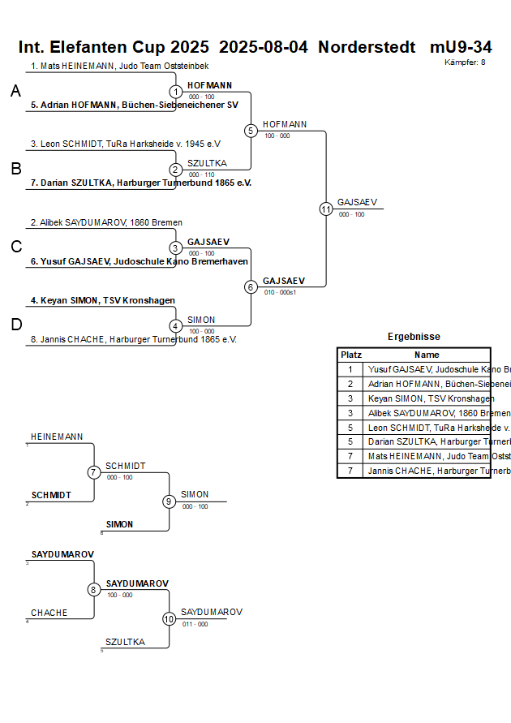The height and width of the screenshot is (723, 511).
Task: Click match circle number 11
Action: [x=326, y=209]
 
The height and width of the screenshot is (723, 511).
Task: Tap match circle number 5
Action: [x=251, y=131]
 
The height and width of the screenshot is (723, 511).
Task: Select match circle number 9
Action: [x=169, y=501]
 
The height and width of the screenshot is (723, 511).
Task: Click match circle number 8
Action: [x=94, y=590]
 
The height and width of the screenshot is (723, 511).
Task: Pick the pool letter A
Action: [x=15, y=92]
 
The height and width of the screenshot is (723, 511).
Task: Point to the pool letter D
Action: [x=16, y=325]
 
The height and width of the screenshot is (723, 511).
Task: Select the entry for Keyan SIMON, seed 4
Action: [x=103, y=300]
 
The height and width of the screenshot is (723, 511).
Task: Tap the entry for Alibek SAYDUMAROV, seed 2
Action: [x=106, y=222]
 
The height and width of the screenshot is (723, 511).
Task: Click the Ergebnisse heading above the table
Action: [x=414, y=337]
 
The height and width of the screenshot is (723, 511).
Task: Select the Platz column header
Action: [x=350, y=355]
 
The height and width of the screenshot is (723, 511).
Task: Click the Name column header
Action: [x=427, y=355]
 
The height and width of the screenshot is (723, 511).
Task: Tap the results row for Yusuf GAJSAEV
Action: [x=427, y=369]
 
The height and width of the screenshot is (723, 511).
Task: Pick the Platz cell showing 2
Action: [x=350, y=384]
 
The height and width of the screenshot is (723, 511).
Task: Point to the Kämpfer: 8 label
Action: [x=465, y=62]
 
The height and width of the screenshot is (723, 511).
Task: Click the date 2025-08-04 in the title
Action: [x=264, y=47]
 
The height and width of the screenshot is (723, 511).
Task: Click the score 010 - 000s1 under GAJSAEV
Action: [x=280, y=292]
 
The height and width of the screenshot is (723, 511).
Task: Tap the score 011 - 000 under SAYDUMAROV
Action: [x=195, y=624]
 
